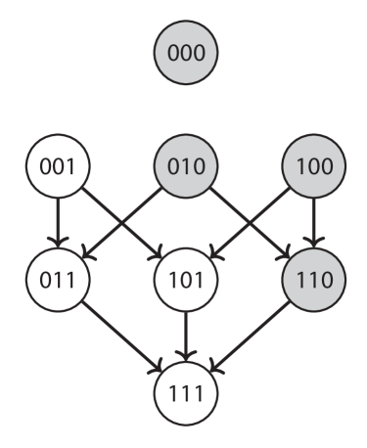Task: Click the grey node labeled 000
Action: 187,52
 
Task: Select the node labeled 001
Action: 60,165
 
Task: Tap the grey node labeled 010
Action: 187,165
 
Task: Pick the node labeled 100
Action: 313,165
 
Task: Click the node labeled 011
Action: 60,280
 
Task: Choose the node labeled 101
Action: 187,280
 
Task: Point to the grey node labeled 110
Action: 313,280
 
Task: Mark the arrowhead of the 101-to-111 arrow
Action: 187,356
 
